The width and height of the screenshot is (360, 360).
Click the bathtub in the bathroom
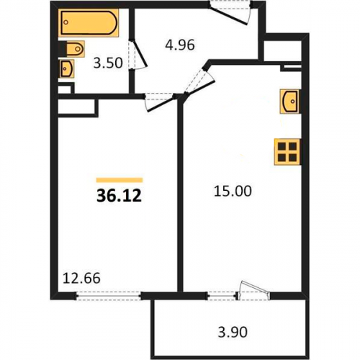[x=89, y=23]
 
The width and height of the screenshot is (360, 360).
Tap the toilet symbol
[x=72, y=49]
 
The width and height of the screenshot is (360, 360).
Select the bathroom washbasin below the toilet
[x=66, y=68]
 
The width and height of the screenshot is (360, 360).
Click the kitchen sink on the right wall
[x=290, y=102]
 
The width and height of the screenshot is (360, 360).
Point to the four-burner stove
[x=287, y=152]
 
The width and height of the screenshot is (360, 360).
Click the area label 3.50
[x=108, y=63]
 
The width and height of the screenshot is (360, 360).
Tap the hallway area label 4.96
[x=180, y=45]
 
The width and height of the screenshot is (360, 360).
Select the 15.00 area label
[x=233, y=192]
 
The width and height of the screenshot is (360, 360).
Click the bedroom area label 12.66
[x=81, y=279]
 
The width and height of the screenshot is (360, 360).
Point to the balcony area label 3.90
[x=233, y=333]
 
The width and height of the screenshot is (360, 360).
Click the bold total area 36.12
[x=119, y=196]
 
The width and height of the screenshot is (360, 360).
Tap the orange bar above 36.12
[x=120, y=180]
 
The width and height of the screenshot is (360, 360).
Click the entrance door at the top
[x=230, y=12]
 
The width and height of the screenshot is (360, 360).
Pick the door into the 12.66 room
[x=160, y=102]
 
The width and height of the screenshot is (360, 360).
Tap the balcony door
[x=253, y=291]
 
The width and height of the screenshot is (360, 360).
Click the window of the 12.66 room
[x=109, y=296]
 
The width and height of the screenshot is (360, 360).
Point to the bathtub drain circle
[x=66, y=22]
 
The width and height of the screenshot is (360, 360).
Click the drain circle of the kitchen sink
[x=292, y=102]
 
